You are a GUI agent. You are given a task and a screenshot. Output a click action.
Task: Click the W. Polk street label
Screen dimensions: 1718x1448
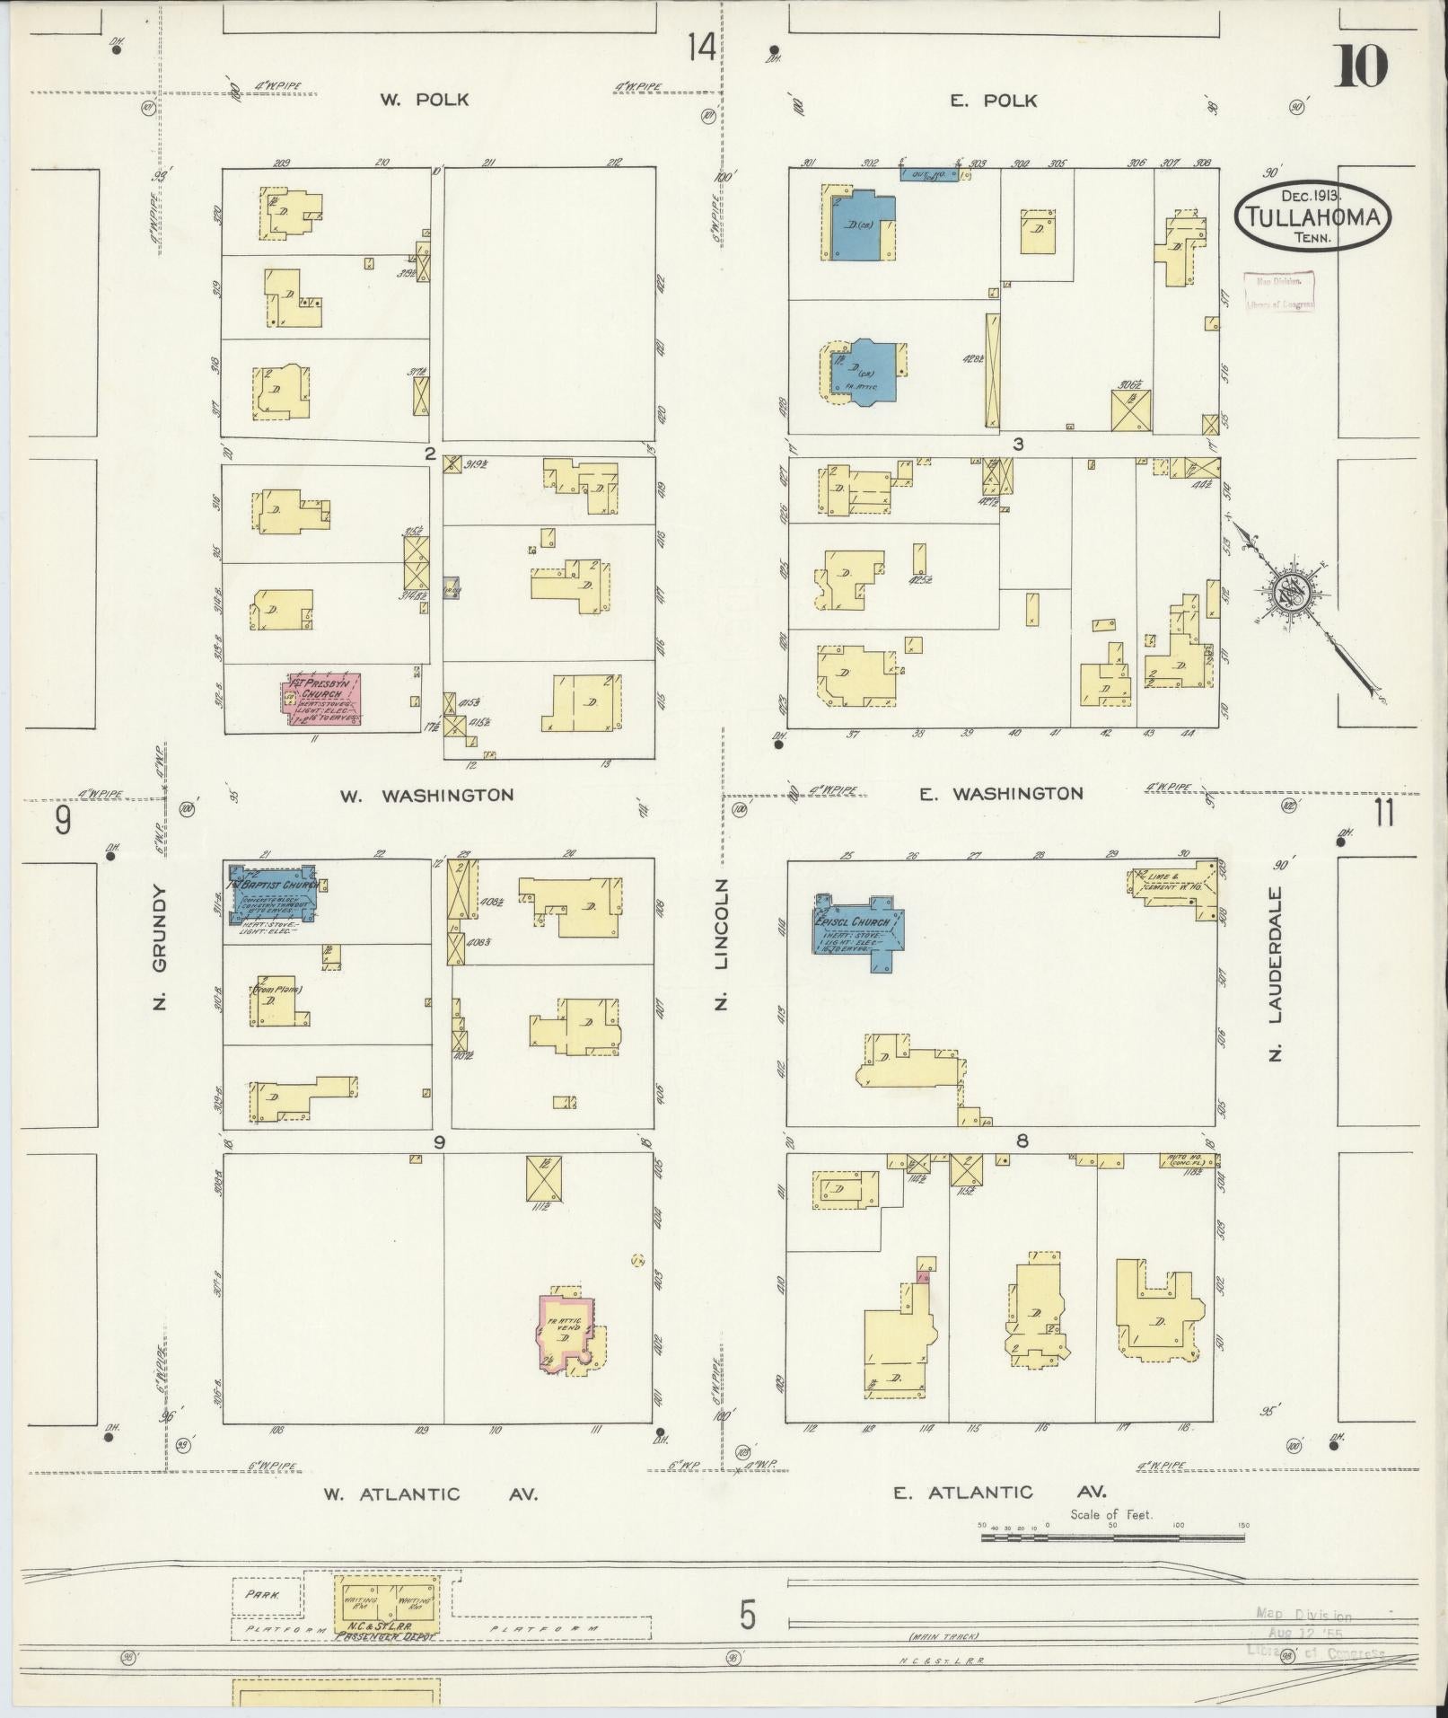(x=424, y=100)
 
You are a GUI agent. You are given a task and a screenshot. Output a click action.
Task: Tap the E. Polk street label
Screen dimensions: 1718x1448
(x=993, y=101)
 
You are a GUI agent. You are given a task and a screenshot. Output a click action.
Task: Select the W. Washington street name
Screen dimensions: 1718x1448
(x=426, y=795)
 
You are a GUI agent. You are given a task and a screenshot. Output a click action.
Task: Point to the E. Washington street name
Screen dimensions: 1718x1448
(x=1001, y=793)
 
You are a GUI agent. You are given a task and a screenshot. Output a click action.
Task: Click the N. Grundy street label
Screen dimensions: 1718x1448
(x=161, y=947)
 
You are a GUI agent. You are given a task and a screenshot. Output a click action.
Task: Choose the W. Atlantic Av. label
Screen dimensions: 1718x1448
(x=431, y=1493)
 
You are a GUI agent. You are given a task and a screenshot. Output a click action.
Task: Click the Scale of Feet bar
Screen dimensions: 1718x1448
(x=1112, y=1537)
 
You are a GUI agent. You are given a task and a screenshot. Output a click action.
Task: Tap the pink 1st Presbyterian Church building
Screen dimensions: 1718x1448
(x=323, y=699)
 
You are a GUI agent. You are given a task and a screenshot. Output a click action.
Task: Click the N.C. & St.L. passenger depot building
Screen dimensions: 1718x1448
(x=387, y=1604)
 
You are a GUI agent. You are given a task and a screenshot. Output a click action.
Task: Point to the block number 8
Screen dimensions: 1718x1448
(x=1022, y=1141)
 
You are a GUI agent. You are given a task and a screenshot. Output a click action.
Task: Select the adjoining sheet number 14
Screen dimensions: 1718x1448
(x=702, y=47)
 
